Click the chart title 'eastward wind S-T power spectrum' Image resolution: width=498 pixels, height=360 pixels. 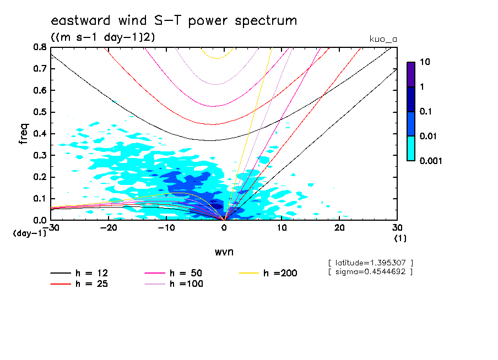coord(174,21)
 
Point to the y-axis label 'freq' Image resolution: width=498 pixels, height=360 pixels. coord(23,134)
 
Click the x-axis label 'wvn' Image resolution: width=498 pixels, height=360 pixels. coord(224,252)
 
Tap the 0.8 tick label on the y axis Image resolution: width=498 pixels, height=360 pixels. coord(40,47)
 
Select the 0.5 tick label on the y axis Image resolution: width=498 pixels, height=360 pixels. coord(40,112)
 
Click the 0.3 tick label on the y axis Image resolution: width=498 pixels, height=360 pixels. coord(40,156)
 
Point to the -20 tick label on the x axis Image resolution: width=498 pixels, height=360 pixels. coord(109,228)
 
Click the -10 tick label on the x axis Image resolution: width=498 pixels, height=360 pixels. coord(166,228)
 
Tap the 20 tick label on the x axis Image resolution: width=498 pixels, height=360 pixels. coord(339,228)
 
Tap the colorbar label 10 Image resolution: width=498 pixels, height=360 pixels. coord(425,62)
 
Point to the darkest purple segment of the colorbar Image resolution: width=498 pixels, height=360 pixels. coord(410,74)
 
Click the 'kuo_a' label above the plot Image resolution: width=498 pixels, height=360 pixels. coord(383,39)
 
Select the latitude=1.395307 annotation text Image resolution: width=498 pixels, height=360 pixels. coord(370,263)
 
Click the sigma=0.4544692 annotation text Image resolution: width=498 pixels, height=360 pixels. coord(370,271)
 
